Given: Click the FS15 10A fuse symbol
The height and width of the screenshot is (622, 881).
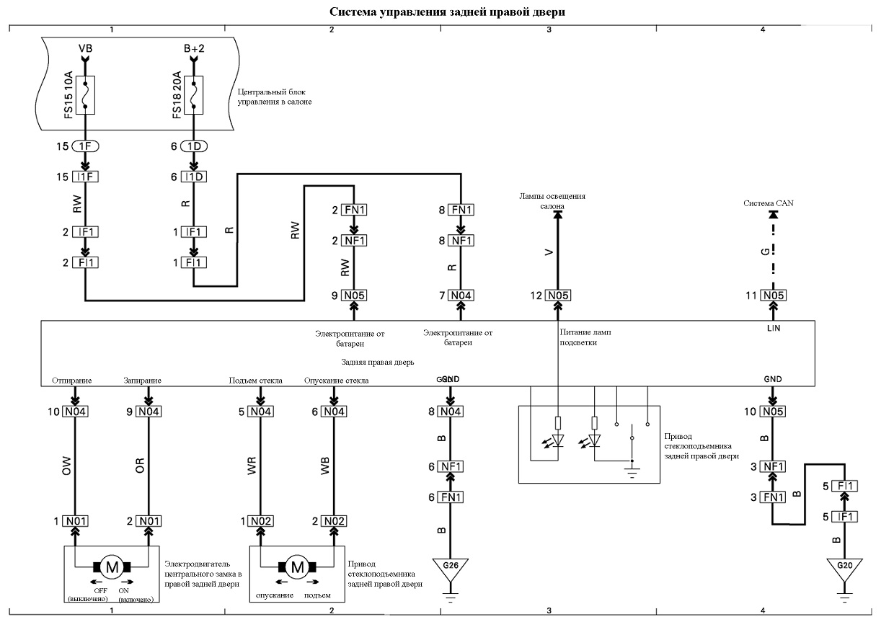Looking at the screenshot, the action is pyautogui.click(x=85, y=95).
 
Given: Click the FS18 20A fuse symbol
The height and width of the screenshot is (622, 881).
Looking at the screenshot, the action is pyautogui.click(x=193, y=95).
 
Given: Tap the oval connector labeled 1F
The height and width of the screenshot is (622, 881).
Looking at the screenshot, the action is pyautogui.click(x=85, y=146).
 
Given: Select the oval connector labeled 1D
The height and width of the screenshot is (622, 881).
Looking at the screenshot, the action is pyautogui.click(x=194, y=146).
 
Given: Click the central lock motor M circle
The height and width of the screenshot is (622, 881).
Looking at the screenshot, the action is pyautogui.click(x=112, y=567).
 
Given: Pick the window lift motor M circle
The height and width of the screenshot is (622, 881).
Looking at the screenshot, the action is pyautogui.click(x=297, y=567).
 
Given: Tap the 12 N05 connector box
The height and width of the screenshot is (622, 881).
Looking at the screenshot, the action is pyautogui.click(x=558, y=296).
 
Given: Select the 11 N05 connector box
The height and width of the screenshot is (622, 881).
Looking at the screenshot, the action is pyautogui.click(x=774, y=296).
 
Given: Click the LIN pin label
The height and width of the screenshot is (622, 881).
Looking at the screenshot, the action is pyautogui.click(x=774, y=328).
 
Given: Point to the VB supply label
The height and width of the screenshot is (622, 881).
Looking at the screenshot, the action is pyautogui.click(x=85, y=48).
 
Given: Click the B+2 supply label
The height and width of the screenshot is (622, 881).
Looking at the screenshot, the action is pyautogui.click(x=194, y=48).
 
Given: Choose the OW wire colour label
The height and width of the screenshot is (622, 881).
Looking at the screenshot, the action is pyautogui.click(x=66, y=466).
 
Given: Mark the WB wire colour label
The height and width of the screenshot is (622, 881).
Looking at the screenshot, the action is pyautogui.click(x=325, y=466).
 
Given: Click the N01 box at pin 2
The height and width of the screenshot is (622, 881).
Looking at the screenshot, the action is pyautogui.click(x=149, y=521).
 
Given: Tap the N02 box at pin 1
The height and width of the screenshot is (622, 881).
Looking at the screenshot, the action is pyautogui.click(x=260, y=521).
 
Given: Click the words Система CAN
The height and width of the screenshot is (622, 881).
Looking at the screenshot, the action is pyautogui.click(x=768, y=203).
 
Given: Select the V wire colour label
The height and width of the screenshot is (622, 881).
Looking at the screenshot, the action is pyautogui.click(x=549, y=252).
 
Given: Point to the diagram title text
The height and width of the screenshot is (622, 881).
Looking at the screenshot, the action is pyautogui.click(x=447, y=12).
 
